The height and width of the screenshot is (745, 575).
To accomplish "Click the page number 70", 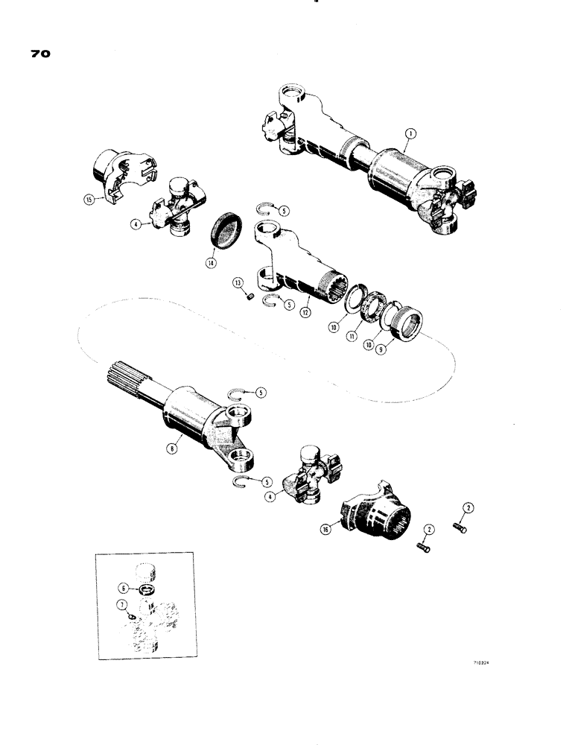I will (39, 55).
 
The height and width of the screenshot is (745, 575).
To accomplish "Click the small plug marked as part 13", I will (251, 299).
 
